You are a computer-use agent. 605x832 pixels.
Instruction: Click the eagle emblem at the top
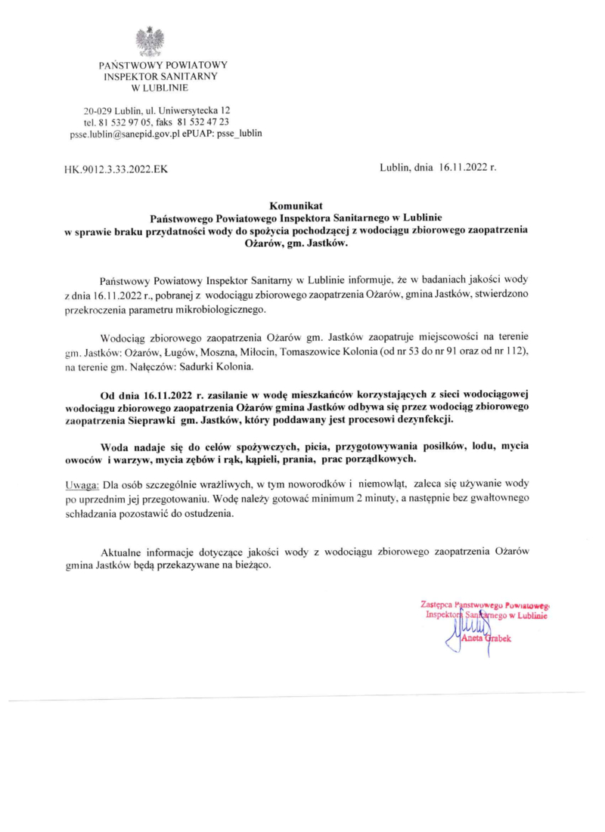150,41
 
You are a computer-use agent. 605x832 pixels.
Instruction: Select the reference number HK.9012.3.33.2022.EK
116,169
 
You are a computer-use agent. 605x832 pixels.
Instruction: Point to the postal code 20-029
98,110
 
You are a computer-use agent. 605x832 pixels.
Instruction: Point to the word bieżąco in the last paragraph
249,565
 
